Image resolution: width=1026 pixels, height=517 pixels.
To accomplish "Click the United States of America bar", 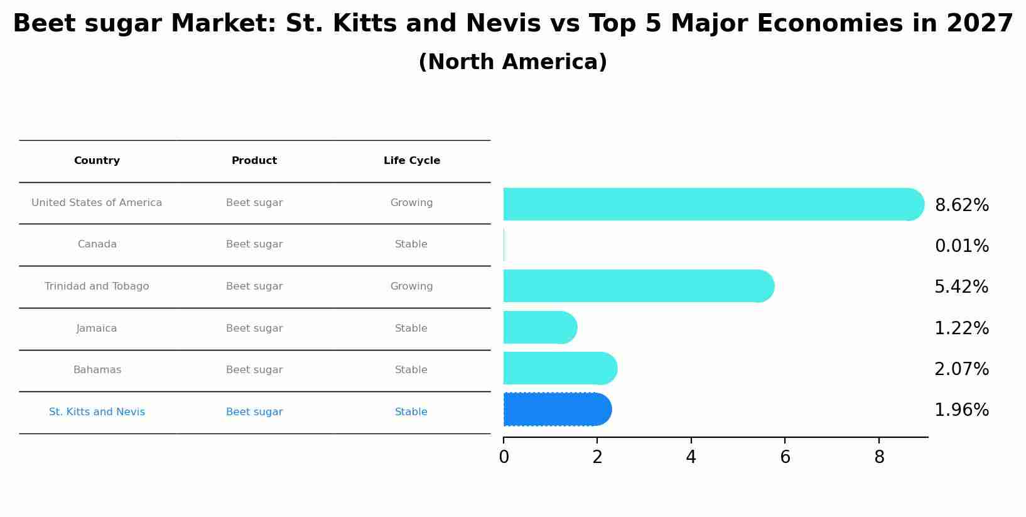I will click(x=713, y=204).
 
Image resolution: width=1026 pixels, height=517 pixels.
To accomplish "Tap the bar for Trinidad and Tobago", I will click(x=638, y=286).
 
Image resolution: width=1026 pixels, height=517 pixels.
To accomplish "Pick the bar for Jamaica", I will click(x=539, y=327).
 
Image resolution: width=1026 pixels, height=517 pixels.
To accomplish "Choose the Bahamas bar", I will click(x=559, y=368).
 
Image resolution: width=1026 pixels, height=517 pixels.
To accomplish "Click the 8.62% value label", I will click(x=961, y=205).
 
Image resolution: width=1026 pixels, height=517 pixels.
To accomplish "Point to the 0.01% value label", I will click(x=961, y=246).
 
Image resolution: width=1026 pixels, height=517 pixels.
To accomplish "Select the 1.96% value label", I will click(x=961, y=410).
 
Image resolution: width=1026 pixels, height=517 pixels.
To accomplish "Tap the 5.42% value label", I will click(x=961, y=287).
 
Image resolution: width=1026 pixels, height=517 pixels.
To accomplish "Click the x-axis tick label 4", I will click(x=691, y=457).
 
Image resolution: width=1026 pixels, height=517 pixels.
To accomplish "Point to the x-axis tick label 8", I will click(x=878, y=457).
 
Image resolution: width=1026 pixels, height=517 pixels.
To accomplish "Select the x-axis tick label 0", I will click(x=504, y=457).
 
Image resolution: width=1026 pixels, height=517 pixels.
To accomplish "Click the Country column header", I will click(x=97, y=161).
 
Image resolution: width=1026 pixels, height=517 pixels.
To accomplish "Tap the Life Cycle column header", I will click(x=411, y=161).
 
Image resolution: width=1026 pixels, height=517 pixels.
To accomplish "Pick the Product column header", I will click(x=254, y=161).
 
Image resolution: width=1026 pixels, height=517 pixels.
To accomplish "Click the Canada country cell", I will click(x=97, y=244).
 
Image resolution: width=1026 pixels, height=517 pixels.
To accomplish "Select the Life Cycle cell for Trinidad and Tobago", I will click(x=411, y=286).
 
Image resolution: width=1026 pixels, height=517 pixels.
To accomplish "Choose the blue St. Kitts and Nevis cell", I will click(x=97, y=412).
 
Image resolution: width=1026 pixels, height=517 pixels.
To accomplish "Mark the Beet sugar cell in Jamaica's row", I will click(x=254, y=329).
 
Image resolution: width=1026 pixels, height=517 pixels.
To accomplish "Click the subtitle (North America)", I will click(x=512, y=62).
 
